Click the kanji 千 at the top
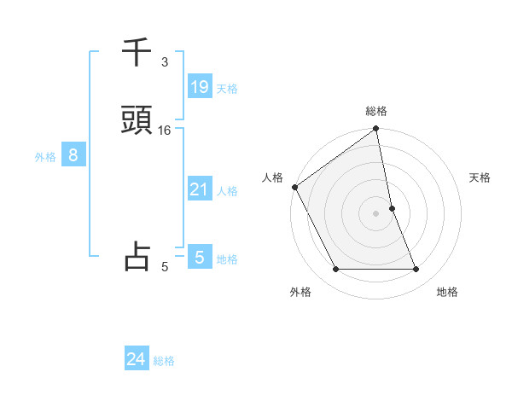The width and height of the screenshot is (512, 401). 137,54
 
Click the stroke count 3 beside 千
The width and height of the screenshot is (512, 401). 165,62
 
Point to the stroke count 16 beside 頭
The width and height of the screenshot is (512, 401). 165,130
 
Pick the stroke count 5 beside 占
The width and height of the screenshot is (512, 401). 165,267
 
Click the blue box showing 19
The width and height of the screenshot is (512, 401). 199,86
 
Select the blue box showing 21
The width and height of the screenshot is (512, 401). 199,189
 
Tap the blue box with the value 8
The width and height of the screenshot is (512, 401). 73,155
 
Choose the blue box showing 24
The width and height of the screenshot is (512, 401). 136,359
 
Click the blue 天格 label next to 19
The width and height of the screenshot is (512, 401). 227,88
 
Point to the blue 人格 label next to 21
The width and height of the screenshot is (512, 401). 227,191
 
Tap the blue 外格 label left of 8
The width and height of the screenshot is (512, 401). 45,156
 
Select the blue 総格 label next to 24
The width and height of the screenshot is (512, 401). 164,361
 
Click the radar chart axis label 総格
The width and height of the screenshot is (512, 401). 376,111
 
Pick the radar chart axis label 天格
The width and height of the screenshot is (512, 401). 480,177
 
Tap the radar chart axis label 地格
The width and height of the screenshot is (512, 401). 447,292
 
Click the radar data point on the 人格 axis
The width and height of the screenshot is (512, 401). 294,187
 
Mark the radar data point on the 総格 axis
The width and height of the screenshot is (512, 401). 376,130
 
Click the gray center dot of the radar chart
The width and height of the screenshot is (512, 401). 376,213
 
